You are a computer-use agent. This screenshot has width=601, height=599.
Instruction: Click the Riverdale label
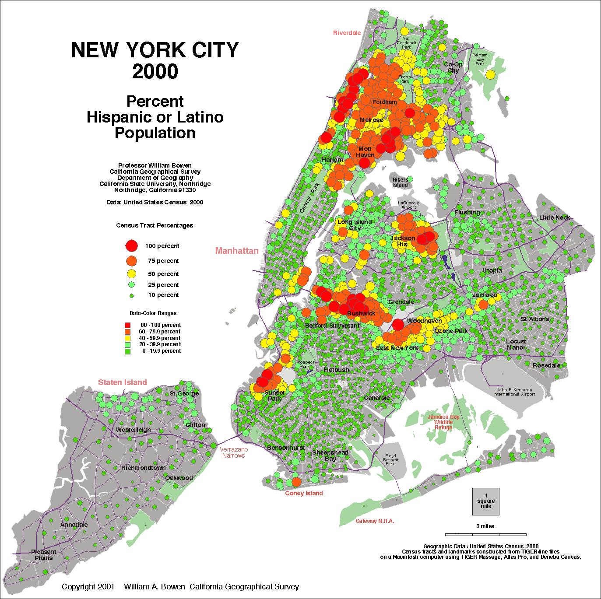click(347, 33)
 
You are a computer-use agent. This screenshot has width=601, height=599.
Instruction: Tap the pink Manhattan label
click(237, 251)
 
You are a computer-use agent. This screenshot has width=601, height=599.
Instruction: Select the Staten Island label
click(123, 382)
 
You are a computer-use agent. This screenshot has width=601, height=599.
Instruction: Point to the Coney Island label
click(304, 493)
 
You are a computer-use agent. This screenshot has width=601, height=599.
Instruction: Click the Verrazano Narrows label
click(234, 452)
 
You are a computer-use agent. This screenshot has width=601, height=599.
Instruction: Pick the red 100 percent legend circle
click(131, 246)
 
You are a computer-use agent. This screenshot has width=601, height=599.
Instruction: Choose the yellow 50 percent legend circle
click(131, 274)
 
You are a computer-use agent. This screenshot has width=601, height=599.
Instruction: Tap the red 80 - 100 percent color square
click(127, 325)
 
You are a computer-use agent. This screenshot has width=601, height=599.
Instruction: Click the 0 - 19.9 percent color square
click(127, 351)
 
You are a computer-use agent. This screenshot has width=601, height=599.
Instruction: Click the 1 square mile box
click(486, 501)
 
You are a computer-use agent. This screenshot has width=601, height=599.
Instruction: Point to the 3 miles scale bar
click(485, 534)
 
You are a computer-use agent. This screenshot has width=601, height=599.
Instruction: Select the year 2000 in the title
click(155, 72)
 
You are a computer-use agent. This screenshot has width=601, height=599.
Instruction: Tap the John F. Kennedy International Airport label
click(514, 392)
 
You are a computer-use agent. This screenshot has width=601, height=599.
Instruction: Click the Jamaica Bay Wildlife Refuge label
click(443, 422)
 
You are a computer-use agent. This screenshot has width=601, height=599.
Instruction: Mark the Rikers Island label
click(400, 182)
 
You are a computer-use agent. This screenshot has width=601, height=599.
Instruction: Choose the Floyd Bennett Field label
click(390, 459)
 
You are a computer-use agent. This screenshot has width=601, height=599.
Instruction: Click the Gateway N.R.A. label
click(375, 521)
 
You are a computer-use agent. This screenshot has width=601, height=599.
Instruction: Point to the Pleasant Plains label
click(44, 555)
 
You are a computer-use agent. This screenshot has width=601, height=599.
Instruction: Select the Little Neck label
click(555, 217)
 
